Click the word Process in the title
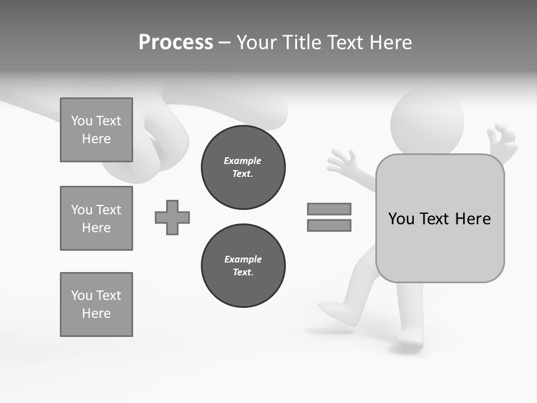pos(176,43)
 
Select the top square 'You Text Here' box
pos(96,130)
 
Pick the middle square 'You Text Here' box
pos(96,218)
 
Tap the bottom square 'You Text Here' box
pos(96,304)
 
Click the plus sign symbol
pos(172,217)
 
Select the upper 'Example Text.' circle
pos(243,167)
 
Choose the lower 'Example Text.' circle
pos(243,266)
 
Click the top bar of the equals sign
pos(329,209)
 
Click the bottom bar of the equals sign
pos(329,226)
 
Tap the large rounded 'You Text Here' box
pos(440,218)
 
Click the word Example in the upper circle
pos(243,161)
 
